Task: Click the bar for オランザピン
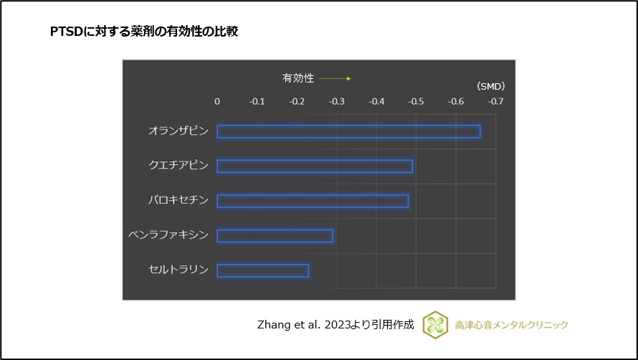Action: (348, 131)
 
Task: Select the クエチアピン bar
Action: (315, 166)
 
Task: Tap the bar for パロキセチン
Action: (313, 201)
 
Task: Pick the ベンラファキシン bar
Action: (275, 235)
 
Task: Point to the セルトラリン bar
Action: (263, 270)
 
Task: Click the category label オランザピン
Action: (178, 131)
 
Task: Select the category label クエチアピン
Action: (178, 166)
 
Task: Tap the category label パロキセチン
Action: (178, 201)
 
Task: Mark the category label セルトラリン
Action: (178, 270)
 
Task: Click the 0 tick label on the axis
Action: (217, 102)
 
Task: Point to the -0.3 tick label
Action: (336, 102)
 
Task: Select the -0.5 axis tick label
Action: (415, 102)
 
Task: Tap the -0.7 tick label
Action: (495, 102)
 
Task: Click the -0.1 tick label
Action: (257, 102)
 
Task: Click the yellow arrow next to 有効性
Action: (335, 78)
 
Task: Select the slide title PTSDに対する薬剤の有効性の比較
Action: (143, 32)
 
